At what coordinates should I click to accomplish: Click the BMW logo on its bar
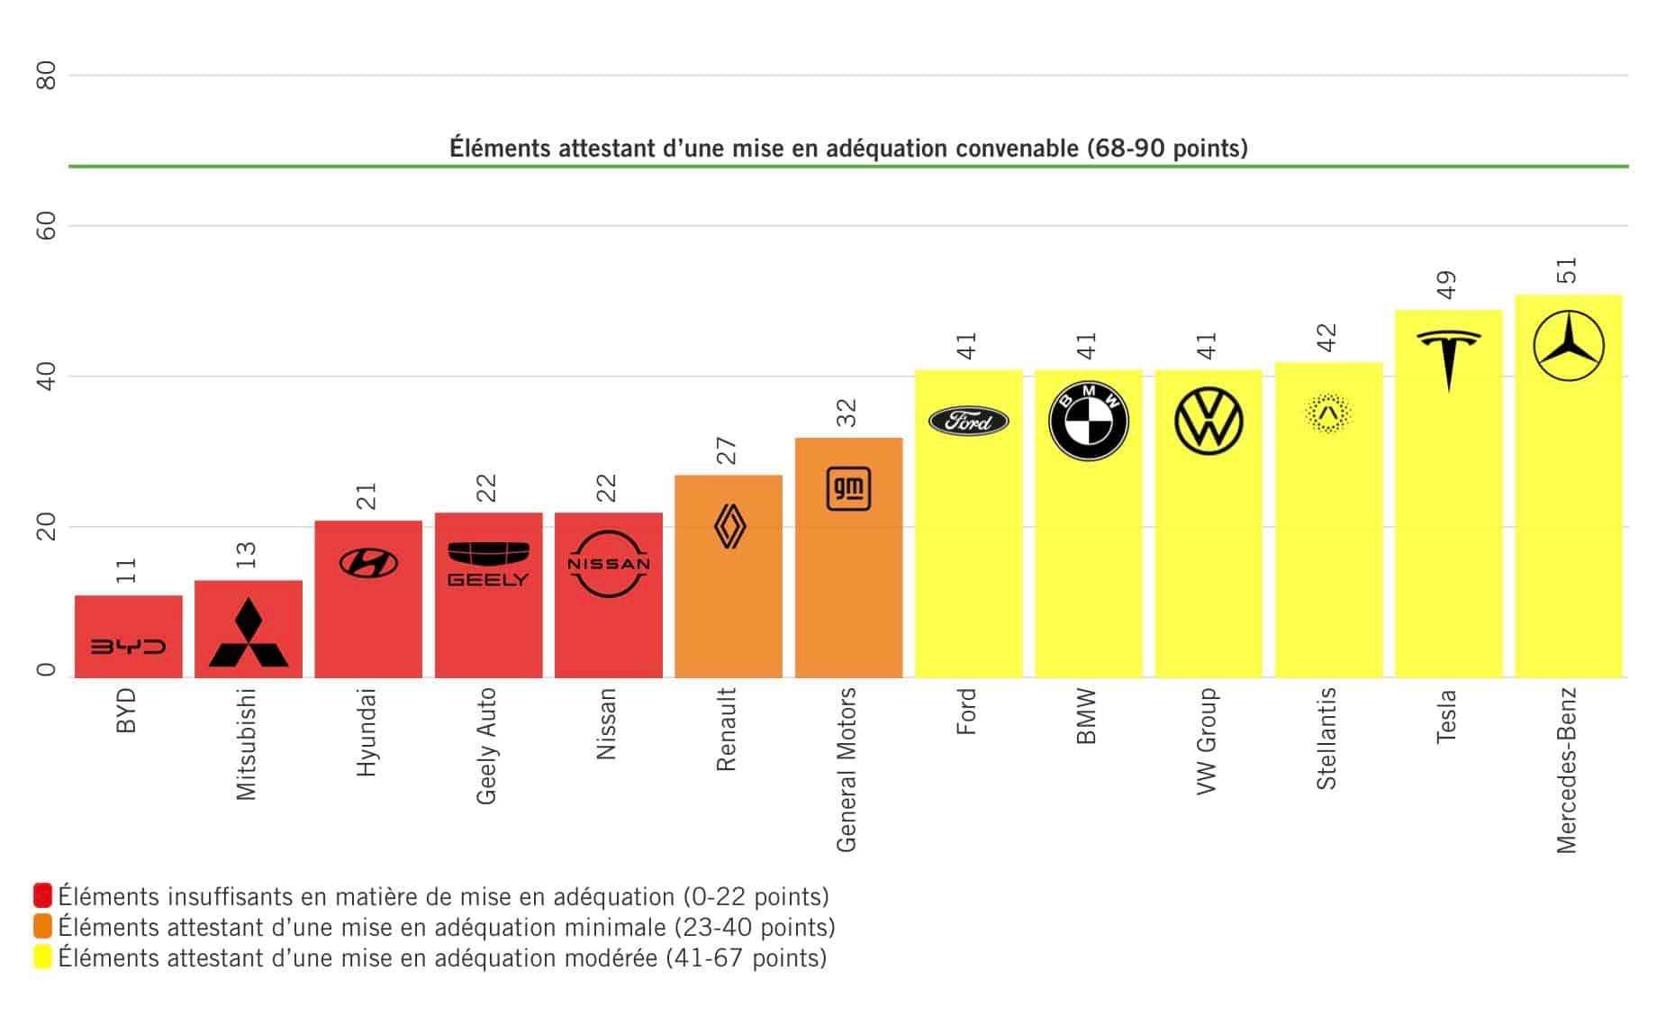1088,421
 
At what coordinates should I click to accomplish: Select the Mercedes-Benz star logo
1568,346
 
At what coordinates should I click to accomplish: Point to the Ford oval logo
968,421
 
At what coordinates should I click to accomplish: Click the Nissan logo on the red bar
608,564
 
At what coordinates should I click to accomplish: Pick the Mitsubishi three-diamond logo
249,633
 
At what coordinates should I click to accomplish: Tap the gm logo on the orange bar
848,489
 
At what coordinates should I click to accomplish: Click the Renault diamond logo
729,526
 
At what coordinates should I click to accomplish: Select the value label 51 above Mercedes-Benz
1567,271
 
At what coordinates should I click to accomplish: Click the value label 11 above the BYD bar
126,569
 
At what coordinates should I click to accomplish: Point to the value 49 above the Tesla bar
1446,286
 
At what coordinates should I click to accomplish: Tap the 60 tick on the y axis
47,226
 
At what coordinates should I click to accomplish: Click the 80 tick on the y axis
47,76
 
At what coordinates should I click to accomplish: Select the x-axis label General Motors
847,770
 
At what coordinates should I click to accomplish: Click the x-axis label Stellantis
1327,739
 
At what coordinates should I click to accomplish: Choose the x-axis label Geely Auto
486,746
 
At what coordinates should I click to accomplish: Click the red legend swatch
42,896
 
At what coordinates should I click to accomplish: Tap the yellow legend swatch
42,957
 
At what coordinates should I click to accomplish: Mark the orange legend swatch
42,927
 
